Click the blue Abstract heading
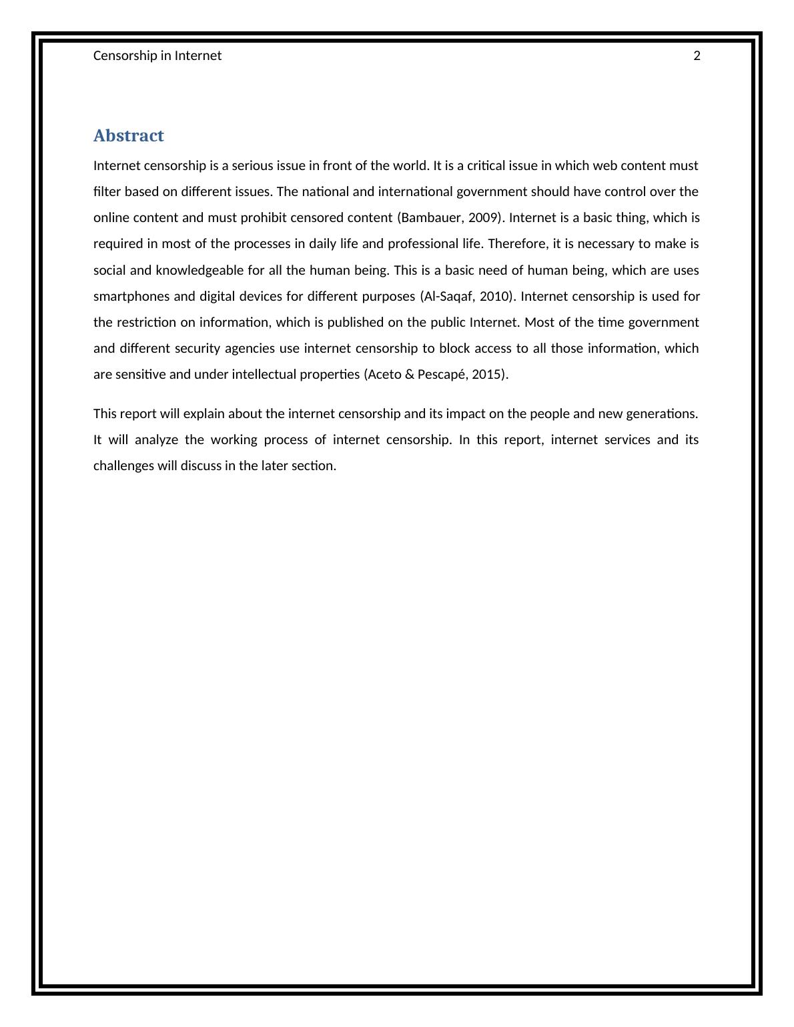[x=129, y=135]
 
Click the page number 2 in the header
[x=697, y=56]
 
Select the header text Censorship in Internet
[x=157, y=56]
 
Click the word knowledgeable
[x=195, y=270]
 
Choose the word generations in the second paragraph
[x=661, y=413]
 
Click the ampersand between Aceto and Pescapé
[x=409, y=374]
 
